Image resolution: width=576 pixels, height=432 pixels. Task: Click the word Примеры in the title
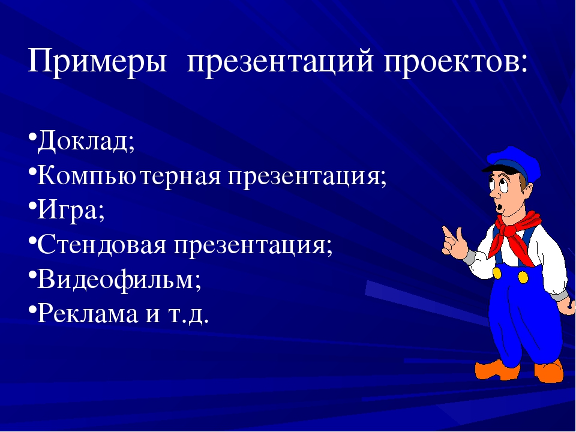tap(97, 61)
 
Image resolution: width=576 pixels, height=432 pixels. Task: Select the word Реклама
tap(88, 313)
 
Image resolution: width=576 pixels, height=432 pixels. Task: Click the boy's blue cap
tap(514, 161)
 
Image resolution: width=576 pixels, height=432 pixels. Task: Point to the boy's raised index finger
tap(447, 235)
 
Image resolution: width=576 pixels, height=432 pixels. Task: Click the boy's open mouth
tap(500, 207)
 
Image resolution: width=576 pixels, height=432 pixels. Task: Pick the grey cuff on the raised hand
tap(469, 257)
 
